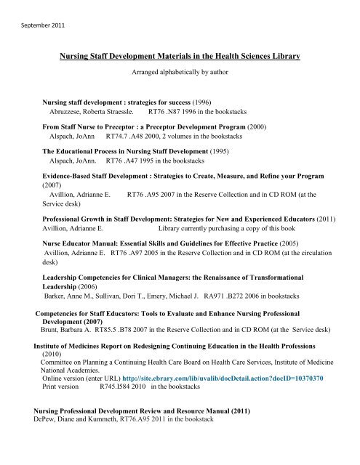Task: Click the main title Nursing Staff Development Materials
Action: point(180,57)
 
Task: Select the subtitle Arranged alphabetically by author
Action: point(180,73)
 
